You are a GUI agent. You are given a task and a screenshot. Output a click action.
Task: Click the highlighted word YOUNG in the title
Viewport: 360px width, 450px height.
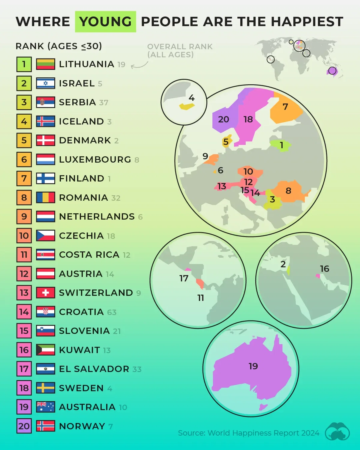tap(105, 22)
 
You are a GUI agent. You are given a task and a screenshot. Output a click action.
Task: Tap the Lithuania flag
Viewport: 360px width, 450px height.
tap(45, 64)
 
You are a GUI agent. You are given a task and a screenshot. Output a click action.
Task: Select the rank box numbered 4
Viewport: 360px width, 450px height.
tap(24, 121)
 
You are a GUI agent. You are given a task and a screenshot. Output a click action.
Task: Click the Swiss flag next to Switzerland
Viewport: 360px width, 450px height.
tap(45, 292)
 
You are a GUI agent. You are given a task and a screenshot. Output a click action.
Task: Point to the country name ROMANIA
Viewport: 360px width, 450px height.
tap(83, 198)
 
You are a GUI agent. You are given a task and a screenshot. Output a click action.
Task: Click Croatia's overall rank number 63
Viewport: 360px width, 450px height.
tap(112, 312)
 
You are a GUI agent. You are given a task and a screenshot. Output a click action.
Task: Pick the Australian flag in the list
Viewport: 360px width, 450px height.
tap(45, 407)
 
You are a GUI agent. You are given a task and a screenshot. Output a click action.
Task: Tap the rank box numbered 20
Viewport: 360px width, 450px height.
tap(24, 426)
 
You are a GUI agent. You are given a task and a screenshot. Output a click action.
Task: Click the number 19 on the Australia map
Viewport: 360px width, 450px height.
tap(253, 366)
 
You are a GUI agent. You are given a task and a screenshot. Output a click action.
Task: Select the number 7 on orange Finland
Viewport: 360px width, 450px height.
tap(285, 106)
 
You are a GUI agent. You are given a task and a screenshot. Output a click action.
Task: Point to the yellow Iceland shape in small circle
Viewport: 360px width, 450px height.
tap(187, 106)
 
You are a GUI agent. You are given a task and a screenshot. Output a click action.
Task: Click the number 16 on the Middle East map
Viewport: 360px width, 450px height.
tap(325, 268)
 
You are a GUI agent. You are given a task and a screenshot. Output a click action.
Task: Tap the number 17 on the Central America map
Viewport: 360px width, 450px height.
tap(184, 278)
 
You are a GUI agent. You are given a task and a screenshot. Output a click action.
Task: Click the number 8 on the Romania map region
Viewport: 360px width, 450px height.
tap(288, 190)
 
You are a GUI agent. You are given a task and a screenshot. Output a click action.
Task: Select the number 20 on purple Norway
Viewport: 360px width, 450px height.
tap(223, 119)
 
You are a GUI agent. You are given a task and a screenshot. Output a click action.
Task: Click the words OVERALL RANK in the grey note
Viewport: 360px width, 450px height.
tap(180, 47)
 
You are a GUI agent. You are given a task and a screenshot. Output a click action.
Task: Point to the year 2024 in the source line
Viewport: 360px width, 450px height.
tap(310, 433)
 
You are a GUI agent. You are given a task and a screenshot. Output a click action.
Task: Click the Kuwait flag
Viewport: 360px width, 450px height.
tap(45, 350)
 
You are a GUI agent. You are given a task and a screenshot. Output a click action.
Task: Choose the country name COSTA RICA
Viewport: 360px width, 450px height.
tap(89, 255)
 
